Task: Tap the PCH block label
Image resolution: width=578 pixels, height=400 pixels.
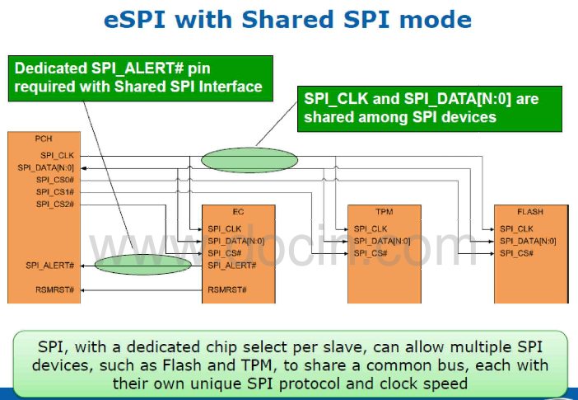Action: pos(44,139)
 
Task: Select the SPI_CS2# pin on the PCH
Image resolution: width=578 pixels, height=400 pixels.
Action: pos(55,203)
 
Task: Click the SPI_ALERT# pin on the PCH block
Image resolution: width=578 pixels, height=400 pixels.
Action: pos(50,265)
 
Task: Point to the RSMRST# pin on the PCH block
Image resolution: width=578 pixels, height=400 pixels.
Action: pos(56,289)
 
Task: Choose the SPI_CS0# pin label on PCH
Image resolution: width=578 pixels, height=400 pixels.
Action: pos(55,179)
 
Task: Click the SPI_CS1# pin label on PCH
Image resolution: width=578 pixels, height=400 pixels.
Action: pos(55,191)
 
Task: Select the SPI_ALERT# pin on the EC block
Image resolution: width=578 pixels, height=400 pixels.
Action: pos(232,265)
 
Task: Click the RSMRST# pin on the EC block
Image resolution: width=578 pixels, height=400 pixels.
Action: pos(227,289)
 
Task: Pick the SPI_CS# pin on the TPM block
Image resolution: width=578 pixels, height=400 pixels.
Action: pos(371,252)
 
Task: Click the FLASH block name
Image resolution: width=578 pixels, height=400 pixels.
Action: pos(530,212)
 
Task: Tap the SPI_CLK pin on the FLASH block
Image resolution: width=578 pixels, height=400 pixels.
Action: pos(516,228)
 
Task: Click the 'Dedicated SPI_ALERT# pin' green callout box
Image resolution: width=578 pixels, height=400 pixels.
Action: pos(142,78)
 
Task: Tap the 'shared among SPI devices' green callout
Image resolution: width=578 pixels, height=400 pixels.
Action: pos(429,107)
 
